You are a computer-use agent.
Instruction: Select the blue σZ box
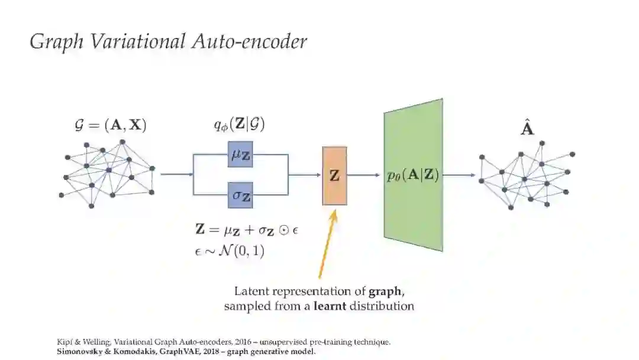click(240, 196)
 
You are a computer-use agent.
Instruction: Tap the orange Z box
click(334, 175)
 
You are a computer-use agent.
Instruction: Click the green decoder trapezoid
click(413, 175)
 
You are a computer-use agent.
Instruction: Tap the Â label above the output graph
click(527, 128)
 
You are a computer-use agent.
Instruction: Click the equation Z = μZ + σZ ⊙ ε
click(246, 229)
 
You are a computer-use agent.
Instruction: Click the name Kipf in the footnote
click(64, 342)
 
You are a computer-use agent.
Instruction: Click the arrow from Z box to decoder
click(363, 175)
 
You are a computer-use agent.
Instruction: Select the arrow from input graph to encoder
click(177, 175)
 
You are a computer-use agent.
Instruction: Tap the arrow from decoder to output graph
click(459, 175)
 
